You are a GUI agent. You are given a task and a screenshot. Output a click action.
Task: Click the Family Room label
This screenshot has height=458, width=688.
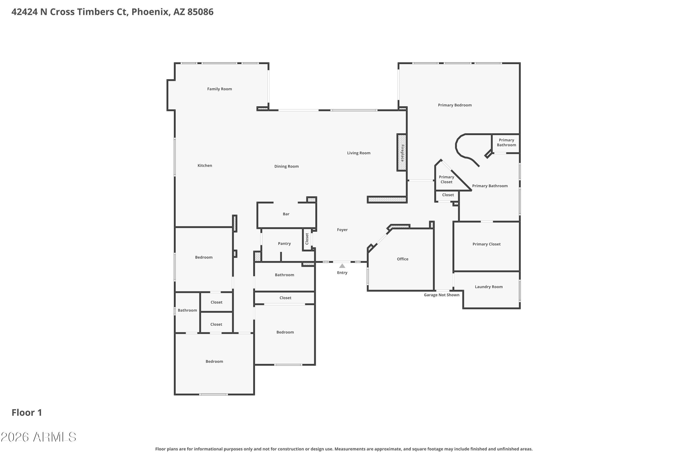219,89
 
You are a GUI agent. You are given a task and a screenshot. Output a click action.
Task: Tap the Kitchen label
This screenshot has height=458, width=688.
205,166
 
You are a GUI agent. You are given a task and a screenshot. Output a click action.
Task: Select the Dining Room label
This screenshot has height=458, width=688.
286,166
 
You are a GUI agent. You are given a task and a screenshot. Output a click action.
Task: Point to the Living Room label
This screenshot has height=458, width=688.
359,153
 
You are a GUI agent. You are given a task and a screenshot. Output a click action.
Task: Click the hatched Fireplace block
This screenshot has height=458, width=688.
402,153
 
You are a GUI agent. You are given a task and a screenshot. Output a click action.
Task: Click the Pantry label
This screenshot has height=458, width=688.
284,244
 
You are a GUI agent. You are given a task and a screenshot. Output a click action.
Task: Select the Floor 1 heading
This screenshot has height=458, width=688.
27,412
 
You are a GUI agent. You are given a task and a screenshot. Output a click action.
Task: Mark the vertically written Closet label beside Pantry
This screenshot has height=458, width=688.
307,239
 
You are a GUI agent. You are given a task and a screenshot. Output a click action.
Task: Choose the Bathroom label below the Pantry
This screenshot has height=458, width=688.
284,275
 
